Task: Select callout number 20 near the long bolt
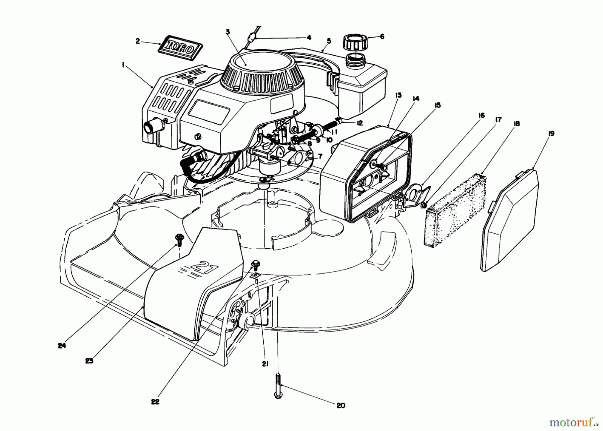click(340, 405)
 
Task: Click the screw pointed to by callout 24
click(179, 239)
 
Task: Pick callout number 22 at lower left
click(155, 402)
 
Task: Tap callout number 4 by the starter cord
click(309, 38)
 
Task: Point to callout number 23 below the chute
click(89, 361)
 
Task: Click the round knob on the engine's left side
click(148, 127)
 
